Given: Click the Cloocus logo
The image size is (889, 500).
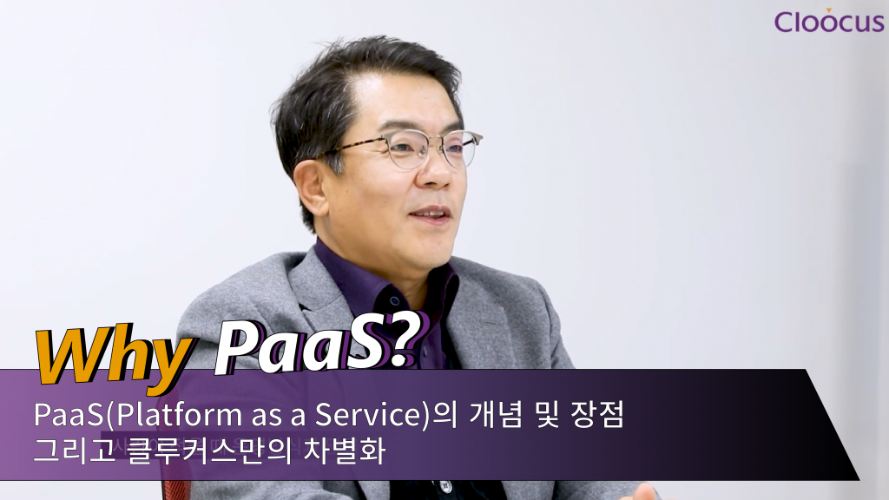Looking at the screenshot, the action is point(829,21).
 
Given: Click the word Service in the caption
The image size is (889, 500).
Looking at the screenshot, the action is point(367,415).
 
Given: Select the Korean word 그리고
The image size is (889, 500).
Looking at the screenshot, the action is point(75,451).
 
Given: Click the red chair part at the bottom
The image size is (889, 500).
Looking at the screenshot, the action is point(176,490).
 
